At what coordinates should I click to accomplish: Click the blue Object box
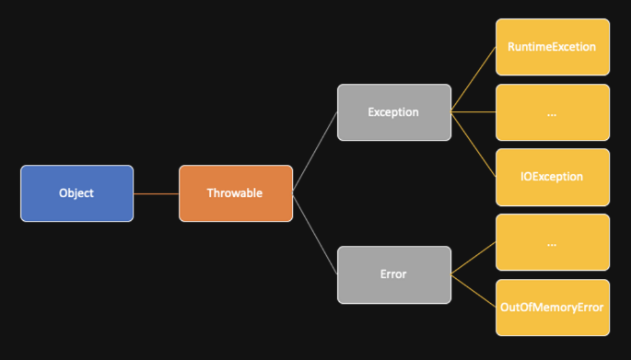pyautogui.click(x=76, y=193)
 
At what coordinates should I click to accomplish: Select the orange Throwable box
pyautogui.click(x=236, y=193)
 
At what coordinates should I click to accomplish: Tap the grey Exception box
pyautogui.click(x=394, y=112)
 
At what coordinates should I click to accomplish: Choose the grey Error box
pyautogui.click(x=394, y=274)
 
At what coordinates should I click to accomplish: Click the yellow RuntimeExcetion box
pyautogui.click(x=553, y=47)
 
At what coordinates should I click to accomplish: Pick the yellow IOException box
pyautogui.click(x=553, y=178)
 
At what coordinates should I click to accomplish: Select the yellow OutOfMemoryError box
pyautogui.click(x=553, y=308)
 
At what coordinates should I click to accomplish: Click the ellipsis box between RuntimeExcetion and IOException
pyautogui.click(x=553, y=112)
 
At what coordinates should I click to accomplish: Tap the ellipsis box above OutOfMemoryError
pyautogui.click(x=553, y=242)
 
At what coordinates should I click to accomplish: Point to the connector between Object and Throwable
pyautogui.click(x=157, y=194)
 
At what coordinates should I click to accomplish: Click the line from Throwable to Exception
pyautogui.click(x=315, y=152)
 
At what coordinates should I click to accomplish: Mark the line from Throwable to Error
pyautogui.click(x=315, y=234)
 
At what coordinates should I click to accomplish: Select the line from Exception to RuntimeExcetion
pyautogui.click(x=473, y=79)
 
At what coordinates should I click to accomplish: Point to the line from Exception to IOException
pyautogui.click(x=473, y=145)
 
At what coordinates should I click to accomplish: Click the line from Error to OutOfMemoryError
pyautogui.click(x=473, y=291)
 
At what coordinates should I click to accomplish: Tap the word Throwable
pyautogui.click(x=235, y=193)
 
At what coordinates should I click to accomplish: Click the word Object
pyautogui.click(x=76, y=193)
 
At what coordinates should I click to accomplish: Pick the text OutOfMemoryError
pyautogui.click(x=552, y=308)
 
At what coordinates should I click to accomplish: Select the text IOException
pyautogui.click(x=552, y=177)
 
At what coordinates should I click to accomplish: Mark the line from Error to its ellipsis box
pyautogui.click(x=473, y=258)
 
